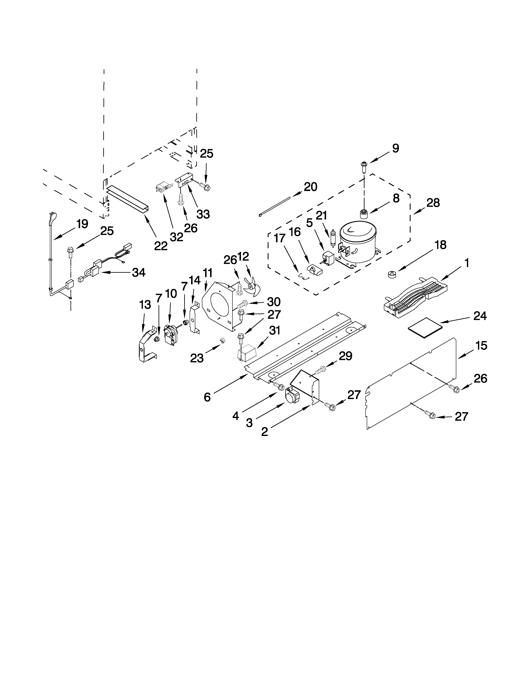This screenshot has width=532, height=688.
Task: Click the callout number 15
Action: tap(481, 346)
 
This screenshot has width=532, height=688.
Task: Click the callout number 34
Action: tap(139, 272)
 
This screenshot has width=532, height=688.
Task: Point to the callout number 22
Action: tap(161, 246)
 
